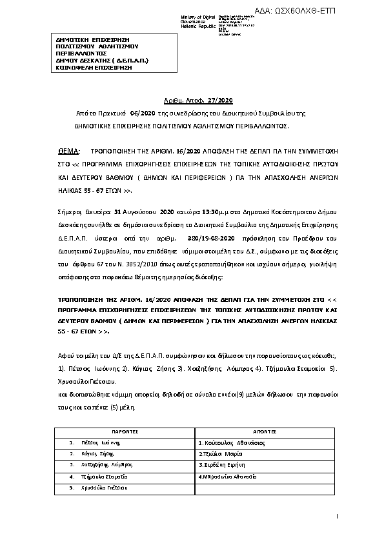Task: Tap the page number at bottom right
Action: click(338, 517)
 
